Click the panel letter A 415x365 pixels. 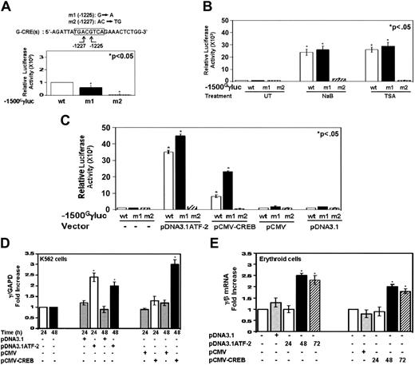(6, 7)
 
